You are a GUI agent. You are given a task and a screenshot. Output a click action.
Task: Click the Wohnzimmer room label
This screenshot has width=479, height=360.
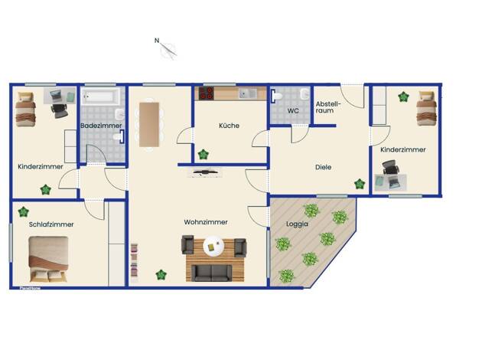pos(206,222)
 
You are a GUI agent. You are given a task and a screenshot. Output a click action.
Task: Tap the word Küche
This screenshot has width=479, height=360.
pos(229,126)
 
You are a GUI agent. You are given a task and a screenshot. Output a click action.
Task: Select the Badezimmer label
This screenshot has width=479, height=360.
pos(101,126)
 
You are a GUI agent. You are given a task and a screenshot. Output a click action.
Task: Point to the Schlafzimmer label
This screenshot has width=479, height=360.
pos(51,224)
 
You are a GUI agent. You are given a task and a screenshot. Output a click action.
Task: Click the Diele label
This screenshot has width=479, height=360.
pos(323,167)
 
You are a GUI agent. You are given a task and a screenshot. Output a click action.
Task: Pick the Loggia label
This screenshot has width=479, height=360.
pos(297,224)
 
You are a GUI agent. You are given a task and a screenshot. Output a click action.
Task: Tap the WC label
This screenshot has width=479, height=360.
pos(293,111)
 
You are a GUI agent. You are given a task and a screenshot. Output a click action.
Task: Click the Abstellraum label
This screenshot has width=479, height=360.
pos(327,107)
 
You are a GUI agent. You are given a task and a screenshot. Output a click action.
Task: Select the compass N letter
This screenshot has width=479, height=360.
pos(157,41)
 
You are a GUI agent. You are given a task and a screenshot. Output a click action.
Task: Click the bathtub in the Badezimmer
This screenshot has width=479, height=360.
pos(99,97)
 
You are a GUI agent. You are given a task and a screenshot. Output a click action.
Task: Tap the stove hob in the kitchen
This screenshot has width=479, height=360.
pos(206,93)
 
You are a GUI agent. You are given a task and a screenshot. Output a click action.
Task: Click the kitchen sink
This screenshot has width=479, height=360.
pos(248,93)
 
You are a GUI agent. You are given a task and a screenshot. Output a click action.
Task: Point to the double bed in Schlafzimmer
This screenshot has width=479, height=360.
pos(48,259)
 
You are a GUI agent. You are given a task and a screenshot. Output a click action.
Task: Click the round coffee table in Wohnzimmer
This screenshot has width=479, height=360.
pos(213,246)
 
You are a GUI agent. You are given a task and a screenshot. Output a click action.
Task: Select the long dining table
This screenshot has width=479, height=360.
pos(149,125)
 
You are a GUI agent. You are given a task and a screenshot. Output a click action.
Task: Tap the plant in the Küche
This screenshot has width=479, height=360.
pos(203,155)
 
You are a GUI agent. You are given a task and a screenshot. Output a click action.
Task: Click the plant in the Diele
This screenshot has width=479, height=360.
pos(360,184)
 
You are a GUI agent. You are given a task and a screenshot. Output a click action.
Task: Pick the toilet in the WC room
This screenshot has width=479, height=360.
pos(277,96)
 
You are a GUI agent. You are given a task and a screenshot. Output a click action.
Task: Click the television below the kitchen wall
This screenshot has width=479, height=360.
pos(204,172)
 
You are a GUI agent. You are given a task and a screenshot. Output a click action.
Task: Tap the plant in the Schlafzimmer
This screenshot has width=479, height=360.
pos(23,211)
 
